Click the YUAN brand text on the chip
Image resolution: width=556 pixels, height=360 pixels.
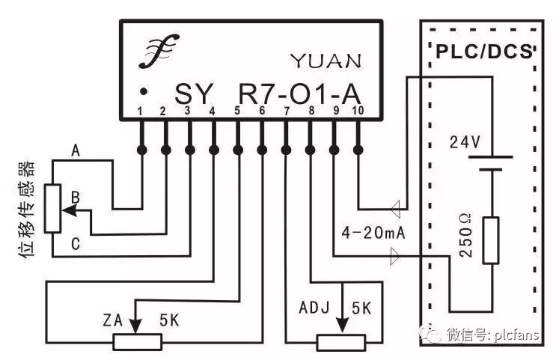point(326,60)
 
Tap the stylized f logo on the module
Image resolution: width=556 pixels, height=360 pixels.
point(158,53)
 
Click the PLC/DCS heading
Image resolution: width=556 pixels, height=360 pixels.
point(483,52)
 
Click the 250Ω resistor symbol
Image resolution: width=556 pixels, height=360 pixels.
point(490,240)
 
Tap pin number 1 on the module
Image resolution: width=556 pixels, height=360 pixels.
point(140,112)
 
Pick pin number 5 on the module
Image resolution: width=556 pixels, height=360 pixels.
point(237,112)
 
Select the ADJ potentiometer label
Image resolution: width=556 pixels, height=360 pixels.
point(314,308)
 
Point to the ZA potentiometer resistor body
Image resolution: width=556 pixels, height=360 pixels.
point(138,342)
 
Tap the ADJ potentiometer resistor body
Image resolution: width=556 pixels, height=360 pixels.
point(341,342)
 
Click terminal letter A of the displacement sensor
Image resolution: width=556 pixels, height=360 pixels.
point(75,150)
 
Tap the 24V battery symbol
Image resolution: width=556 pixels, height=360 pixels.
point(490,163)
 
